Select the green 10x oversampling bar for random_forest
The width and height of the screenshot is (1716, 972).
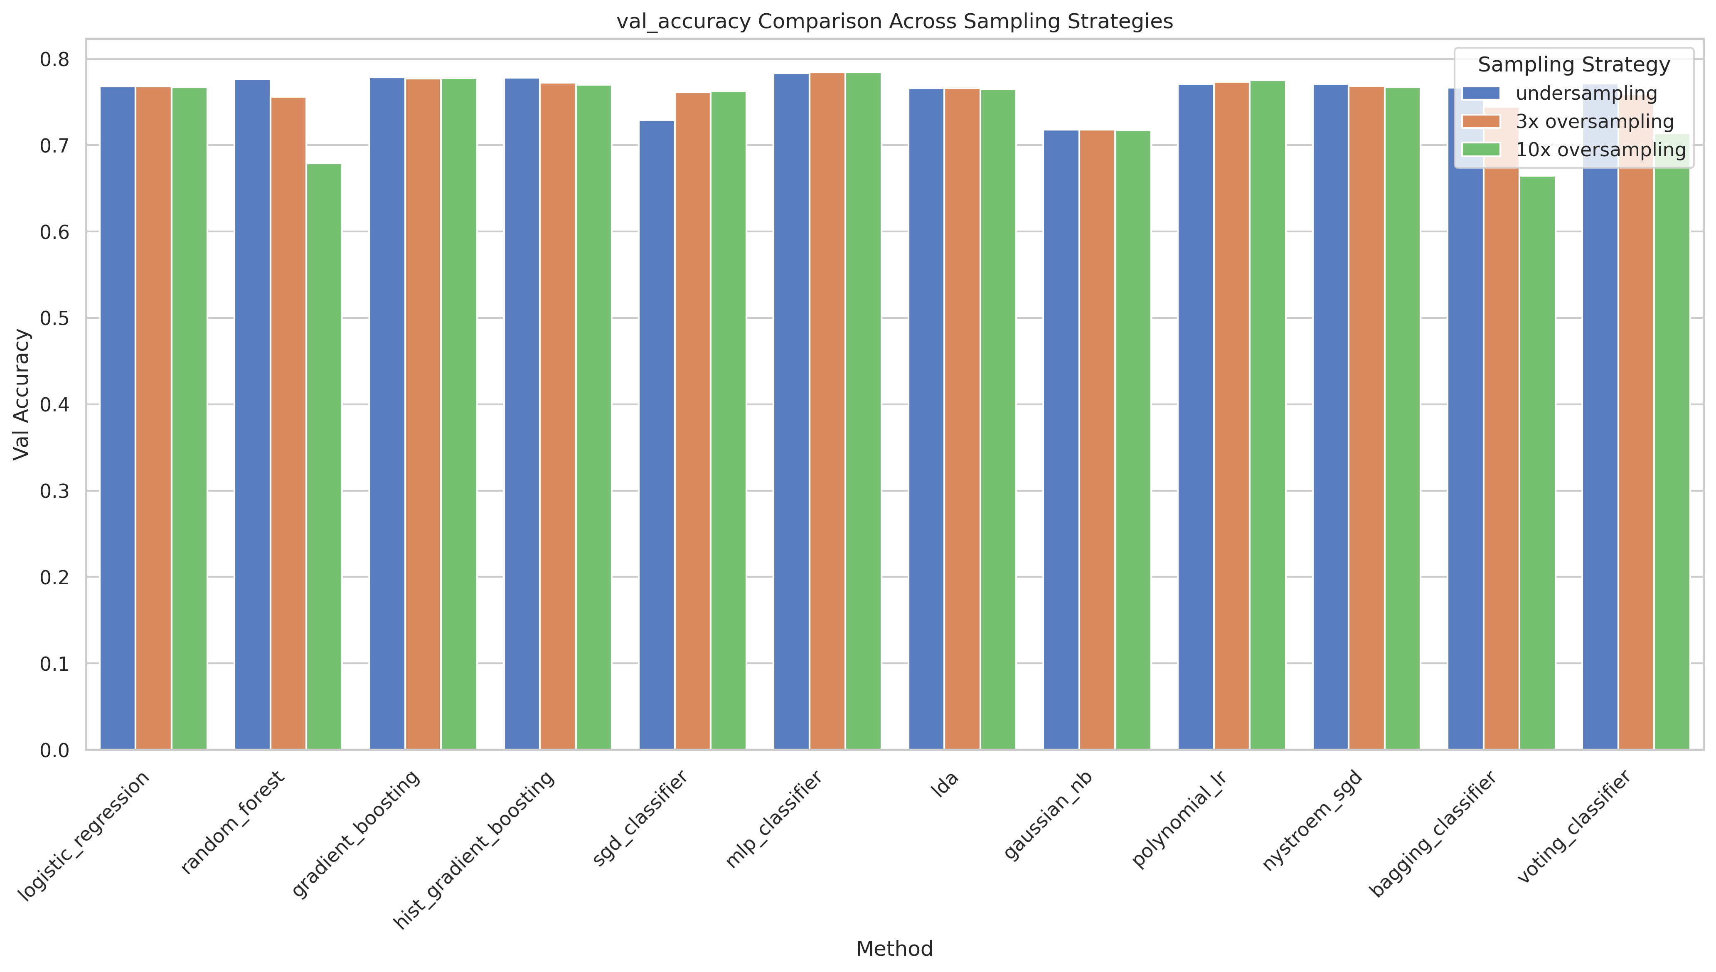pyautogui.click(x=324, y=457)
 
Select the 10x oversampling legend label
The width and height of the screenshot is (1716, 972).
pyautogui.click(x=1600, y=150)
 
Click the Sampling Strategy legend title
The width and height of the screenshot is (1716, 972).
pyautogui.click(x=1573, y=65)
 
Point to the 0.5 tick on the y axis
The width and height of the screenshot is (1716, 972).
pyautogui.click(x=55, y=318)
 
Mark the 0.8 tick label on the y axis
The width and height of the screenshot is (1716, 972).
pyautogui.click(x=55, y=60)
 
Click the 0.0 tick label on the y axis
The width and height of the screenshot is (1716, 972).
pyautogui.click(x=55, y=751)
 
